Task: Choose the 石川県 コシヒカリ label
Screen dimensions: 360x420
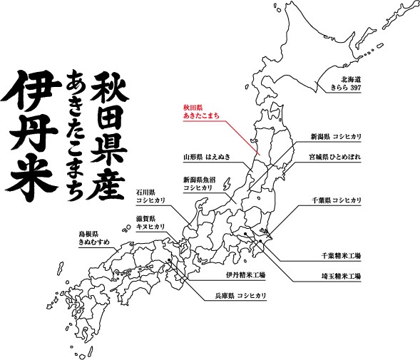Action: tap(151, 197)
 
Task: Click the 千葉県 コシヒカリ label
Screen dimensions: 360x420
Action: tap(335, 200)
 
